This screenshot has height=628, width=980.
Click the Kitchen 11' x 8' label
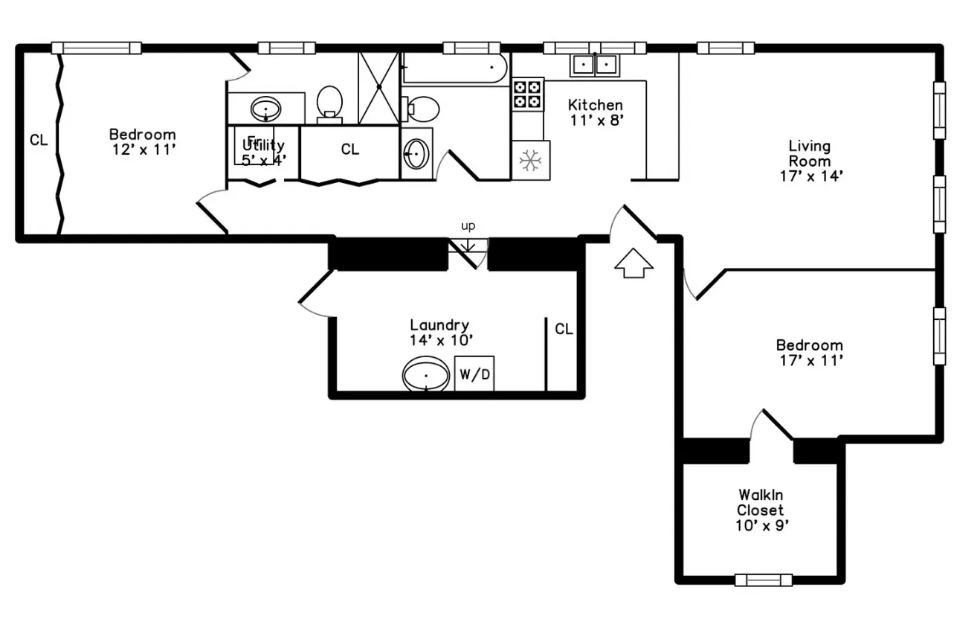(596, 112)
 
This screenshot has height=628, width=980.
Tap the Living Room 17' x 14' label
(810, 161)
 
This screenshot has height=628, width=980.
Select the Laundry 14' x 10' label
(440, 332)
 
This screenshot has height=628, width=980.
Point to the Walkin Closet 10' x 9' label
(760, 510)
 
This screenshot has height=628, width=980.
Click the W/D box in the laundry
(474, 374)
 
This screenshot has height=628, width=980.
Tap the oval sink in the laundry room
(426, 375)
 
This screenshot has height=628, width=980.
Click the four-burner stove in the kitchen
(527, 94)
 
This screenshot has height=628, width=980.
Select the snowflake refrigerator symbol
(530, 160)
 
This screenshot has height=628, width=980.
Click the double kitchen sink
(595, 65)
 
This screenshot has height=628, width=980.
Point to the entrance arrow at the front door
(634, 263)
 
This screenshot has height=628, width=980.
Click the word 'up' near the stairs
(468, 226)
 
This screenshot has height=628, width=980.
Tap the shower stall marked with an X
(379, 87)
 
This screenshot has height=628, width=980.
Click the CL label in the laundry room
(564, 329)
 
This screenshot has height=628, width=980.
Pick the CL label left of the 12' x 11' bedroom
(39, 140)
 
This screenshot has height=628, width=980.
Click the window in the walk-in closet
(763, 580)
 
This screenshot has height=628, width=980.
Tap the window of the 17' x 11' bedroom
(939, 336)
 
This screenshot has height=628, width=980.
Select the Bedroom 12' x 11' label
(143, 141)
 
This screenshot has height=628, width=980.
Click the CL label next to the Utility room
(350, 150)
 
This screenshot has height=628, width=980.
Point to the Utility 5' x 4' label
(263, 152)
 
